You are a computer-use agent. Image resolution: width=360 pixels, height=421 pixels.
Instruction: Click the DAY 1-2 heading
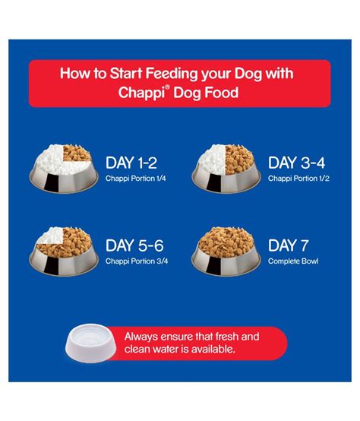pyautogui.click(x=131, y=163)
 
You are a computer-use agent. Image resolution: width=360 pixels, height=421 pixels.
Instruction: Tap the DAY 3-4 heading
pyautogui.click(x=296, y=163)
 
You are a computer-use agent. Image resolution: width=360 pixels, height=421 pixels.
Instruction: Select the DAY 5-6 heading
pyautogui.click(x=134, y=245)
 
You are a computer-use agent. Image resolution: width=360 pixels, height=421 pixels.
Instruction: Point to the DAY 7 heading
pyautogui.click(x=289, y=245)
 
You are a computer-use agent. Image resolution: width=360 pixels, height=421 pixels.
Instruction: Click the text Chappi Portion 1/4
pyautogui.click(x=135, y=179)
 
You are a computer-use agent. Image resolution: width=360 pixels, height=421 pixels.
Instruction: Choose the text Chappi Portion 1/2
pyautogui.click(x=298, y=179)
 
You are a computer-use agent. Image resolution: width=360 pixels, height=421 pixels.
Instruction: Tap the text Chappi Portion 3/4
pyautogui.click(x=137, y=261)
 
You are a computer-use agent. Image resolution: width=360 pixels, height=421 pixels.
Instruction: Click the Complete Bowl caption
pyautogui.click(x=293, y=261)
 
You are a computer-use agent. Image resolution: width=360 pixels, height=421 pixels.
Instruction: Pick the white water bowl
pyautogui.click(x=90, y=343)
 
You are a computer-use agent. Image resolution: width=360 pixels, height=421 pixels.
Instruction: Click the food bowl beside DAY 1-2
pyautogui.click(x=64, y=169)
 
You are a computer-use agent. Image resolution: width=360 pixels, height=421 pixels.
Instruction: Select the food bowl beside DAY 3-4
pyautogui.click(x=226, y=169)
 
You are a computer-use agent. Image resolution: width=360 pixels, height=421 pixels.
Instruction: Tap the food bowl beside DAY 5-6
pyautogui.click(x=64, y=252)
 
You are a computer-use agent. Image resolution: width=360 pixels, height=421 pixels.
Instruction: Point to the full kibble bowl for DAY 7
pyautogui.click(x=226, y=252)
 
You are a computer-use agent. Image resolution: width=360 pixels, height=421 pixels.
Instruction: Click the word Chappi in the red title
pyautogui.click(x=141, y=93)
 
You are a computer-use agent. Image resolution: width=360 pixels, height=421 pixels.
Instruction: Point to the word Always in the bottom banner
pyautogui.click(x=141, y=337)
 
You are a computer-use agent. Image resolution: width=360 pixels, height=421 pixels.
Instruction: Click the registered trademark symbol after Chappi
pyautogui.click(x=167, y=87)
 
